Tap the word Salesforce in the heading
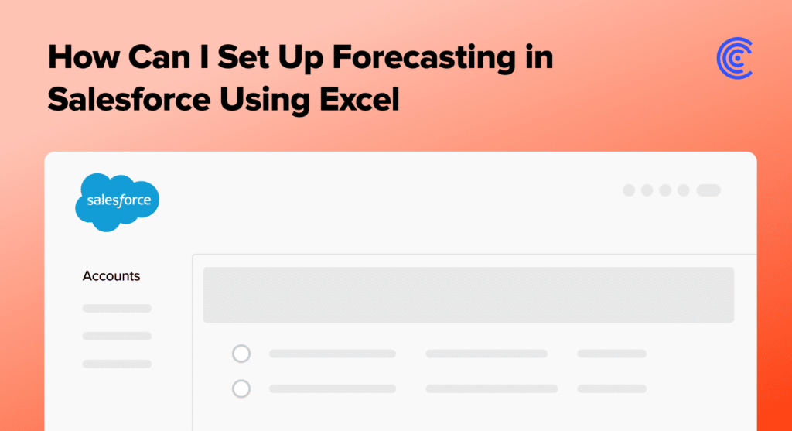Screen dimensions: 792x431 point(129,99)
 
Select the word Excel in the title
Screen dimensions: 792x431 point(359,99)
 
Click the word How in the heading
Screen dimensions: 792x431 point(83,56)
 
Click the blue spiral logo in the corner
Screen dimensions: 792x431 point(735,58)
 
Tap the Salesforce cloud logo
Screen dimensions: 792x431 point(118,202)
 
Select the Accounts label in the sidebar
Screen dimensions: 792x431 point(111,276)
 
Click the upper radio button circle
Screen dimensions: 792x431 point(241,354)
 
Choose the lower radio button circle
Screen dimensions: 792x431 point(241,388)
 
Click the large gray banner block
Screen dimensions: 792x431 point(468,295)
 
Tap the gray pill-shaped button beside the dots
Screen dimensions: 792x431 point(708,190)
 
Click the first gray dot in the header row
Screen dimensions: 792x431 point(629,190)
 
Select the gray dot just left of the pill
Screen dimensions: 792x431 point(684,190)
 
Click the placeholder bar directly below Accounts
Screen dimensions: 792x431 point(118,308)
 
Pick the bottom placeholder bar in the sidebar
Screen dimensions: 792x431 point(118,364)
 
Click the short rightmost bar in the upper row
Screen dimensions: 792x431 point(613,354)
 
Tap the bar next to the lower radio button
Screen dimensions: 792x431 point(333,388)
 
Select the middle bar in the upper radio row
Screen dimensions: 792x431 point(487,354)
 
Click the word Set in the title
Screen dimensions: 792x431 point(242,56)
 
